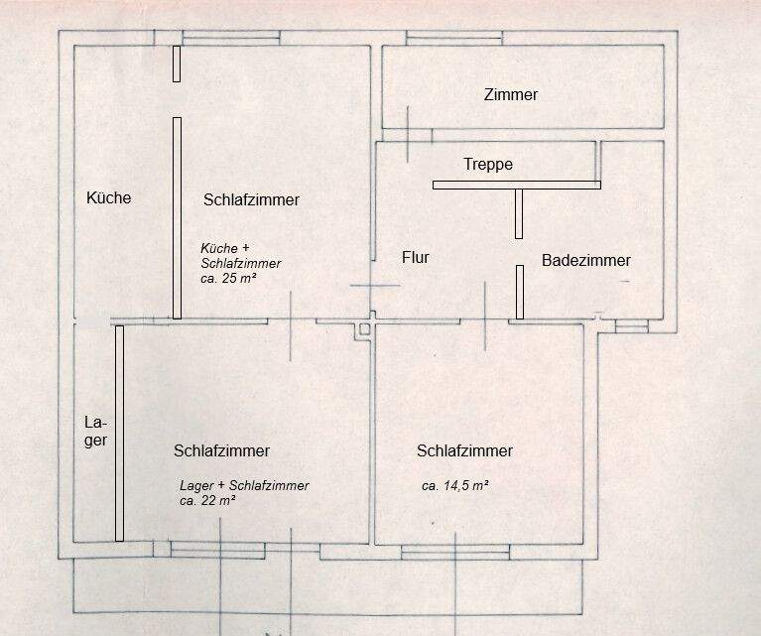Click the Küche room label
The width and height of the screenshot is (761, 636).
[109, 197]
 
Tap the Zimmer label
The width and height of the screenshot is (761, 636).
[511, 95]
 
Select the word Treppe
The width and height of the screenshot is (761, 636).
[488, 165]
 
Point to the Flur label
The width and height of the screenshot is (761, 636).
[415, 257]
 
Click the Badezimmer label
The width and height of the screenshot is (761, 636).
[586, 260]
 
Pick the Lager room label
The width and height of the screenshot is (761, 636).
[95, 432]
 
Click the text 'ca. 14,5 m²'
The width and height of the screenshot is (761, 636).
[454, 486]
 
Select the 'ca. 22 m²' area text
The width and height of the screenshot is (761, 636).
[207, 500]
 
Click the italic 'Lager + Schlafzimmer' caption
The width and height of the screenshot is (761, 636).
[244, 485]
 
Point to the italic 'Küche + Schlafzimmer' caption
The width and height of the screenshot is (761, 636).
[241, 255]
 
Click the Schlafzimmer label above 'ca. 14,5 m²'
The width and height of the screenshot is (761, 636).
[464, 450]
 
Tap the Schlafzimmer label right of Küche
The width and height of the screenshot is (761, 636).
[251, 199]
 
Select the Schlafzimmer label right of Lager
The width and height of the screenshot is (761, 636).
[221, 450]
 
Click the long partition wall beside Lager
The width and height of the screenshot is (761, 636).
[119, 434]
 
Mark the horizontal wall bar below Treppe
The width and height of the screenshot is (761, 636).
[516, 185]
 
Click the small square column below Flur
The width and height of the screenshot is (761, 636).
[365, 326]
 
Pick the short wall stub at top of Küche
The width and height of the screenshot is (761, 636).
[177, 64]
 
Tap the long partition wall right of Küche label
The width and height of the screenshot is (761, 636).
[177, 217]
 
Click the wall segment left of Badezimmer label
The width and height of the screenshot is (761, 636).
[519, 291]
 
